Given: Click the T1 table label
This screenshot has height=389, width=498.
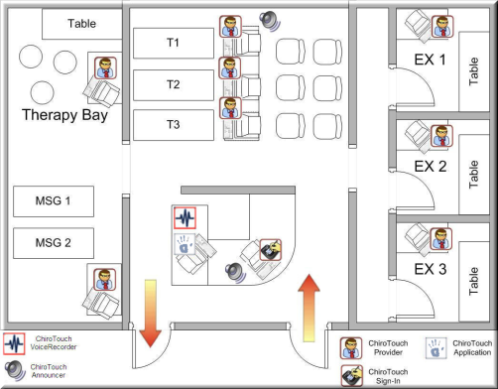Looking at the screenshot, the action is pyautogui.click(x=173, y=43).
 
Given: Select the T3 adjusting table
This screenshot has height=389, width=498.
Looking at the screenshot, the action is pyautogui.click(x=174, y=125).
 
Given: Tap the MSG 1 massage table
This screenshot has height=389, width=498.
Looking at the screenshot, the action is pyautogui.click(x=54, y=201).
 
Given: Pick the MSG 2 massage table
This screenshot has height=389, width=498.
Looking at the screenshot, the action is pyautogui.click(x=54, y=243).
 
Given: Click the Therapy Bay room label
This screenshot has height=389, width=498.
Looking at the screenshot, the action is pyautogui.click(x=64, y=115).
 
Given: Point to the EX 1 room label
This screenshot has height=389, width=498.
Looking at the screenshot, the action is pyautogui.click(x=430, y=60).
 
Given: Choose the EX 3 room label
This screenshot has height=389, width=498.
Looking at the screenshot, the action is pyautogui.click(x=431, y=269).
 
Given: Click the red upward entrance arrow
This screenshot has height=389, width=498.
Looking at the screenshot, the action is pyautogui.click(x=309, y=308).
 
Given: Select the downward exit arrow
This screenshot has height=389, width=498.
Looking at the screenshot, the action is pyautogui.click(x=151, y=314).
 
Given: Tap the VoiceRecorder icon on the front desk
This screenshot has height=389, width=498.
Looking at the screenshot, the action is pyautogui.click(x=186, y=218).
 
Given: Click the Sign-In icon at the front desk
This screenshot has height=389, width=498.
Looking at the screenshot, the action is pyautogui.click(x=271, y=250).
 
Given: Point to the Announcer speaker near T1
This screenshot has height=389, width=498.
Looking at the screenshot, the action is pyautogui.click(x=270, y=21).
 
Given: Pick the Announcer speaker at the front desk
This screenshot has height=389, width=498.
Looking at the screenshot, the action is pyautogui.click(x=235, y=272).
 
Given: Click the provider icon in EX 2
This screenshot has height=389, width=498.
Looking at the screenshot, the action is pyautogui.click(x=441, y=136).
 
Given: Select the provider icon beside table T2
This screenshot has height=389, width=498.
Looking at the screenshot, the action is pyautogui.click(x=230, y=67).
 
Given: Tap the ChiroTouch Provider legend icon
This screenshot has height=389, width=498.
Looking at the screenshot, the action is pyautogui.click(x=351, y=348).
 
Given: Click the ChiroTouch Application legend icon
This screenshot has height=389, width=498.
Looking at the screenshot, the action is pyautogui.click(x=436, y=348).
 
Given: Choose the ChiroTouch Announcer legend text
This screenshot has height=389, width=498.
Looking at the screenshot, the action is pyautogui.click(x=49, y=371).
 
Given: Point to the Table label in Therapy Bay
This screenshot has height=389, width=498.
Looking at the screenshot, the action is pyautogui.click(x=81, y=24).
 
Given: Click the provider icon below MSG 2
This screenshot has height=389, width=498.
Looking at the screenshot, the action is pyautogui.click(x=105, y=280).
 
